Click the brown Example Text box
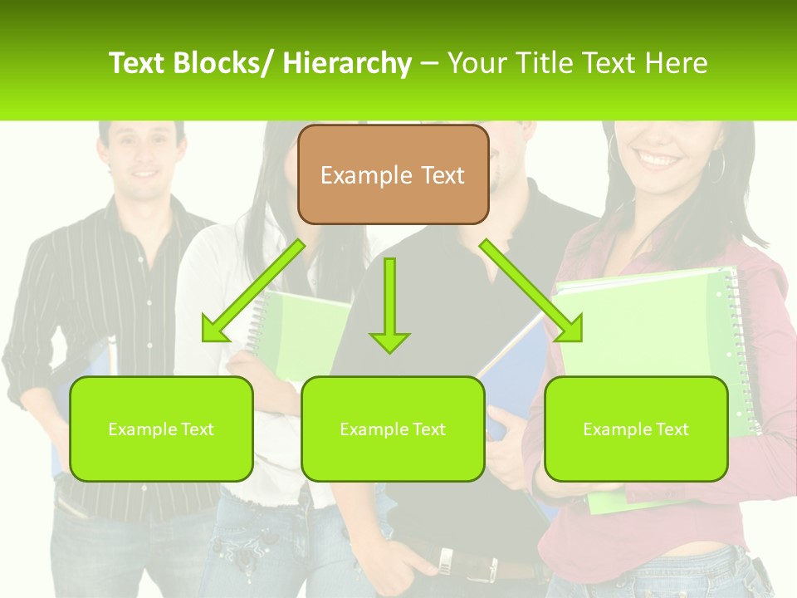click(393, 175)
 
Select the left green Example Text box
click(161, 429)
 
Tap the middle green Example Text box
click(393, 429)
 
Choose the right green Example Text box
click(636, 429)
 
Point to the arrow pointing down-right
click(531, 291)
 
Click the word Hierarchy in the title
click(347, 63)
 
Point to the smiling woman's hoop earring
click(716, 167)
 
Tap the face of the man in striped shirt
click(140, 154)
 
